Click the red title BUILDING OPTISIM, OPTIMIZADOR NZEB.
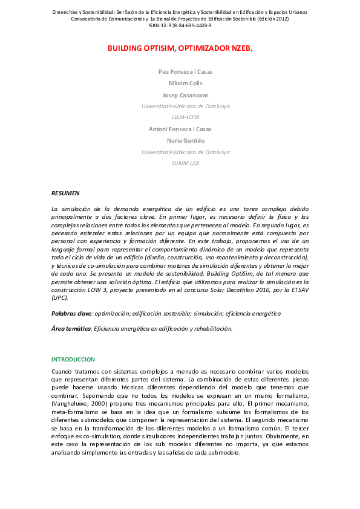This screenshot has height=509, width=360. coord(180,48)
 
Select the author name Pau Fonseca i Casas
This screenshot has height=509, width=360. coord(185,71)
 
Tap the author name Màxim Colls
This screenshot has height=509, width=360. coord(185,83)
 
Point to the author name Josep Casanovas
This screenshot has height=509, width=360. coord(185,95)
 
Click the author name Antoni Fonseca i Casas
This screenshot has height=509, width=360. coord(180,129)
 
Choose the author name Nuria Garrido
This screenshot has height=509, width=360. coord(185,140)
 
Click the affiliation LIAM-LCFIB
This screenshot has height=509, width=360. coord(185,117)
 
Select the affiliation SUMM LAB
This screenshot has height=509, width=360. coord(185,163)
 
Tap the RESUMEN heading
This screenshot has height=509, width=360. coord(65,193)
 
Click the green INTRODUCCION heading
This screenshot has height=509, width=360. coord(73,359)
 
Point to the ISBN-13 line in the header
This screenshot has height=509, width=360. coord(180,25)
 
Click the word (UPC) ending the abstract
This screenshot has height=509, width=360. coord(59,297)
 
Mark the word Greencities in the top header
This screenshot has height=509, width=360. coord(66,12)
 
